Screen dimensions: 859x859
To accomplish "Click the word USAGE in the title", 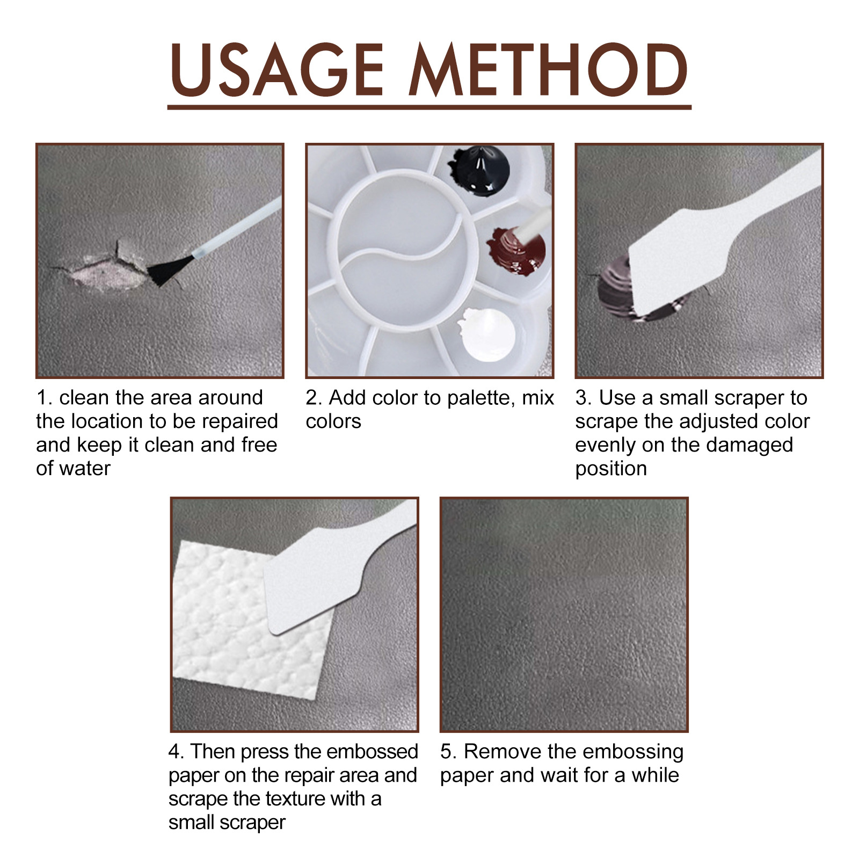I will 277,71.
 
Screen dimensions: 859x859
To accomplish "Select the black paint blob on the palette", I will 479,171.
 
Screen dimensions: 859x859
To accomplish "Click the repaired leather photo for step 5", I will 564,615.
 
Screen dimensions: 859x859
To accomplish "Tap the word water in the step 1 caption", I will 85,469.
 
